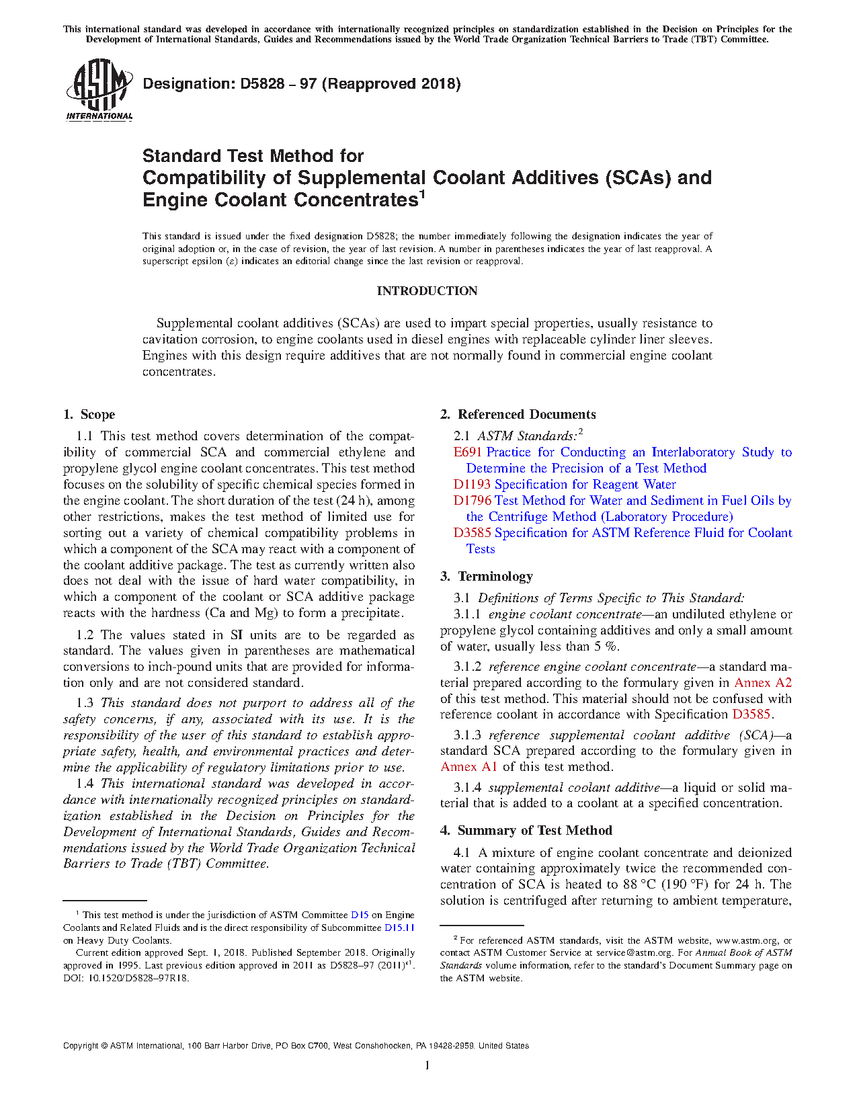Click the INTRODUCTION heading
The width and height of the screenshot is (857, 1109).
pos(427,291)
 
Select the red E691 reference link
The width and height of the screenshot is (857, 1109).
pos(467,452)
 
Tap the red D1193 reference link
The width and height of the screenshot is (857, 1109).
pos(473,485)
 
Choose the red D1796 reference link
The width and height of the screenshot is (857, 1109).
pos(472,501)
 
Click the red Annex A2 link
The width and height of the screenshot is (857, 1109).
pos(763,683)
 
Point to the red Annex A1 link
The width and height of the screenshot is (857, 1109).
pos(468,767)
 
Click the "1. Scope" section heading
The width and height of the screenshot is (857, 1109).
pos(89,415)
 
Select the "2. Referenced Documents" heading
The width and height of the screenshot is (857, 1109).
pos(518,415)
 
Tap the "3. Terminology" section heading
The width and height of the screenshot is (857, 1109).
pos(487,577)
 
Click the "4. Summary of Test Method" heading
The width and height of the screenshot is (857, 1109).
pos(526,831)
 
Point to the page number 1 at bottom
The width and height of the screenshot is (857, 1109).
pos(427,1065)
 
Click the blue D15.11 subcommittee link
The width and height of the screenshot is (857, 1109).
pos(399,928)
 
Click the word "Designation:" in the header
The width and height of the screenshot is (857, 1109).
pos(187,84)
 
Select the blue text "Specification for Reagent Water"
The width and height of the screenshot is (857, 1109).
pos(585,485)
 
